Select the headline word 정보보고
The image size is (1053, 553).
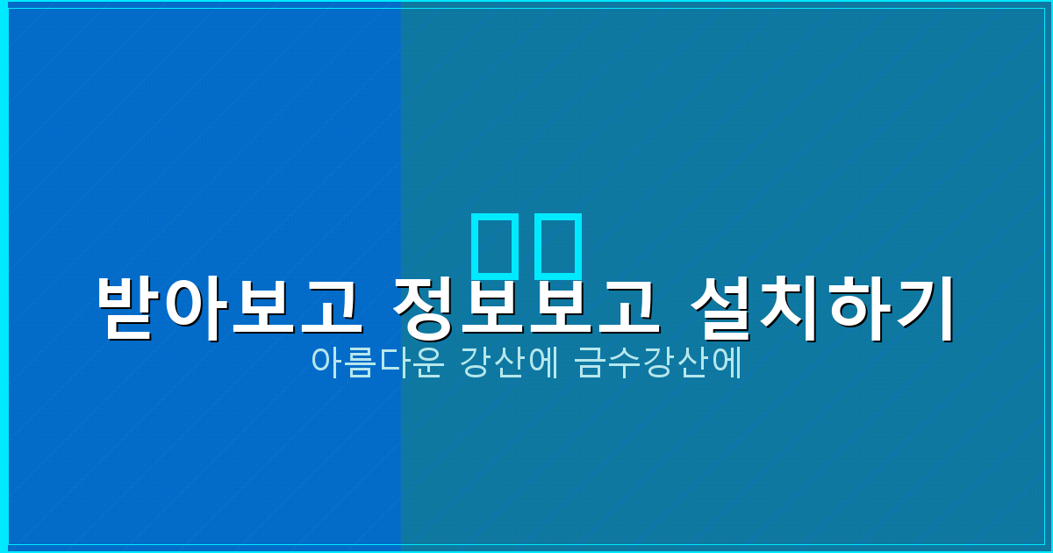[x=525, y=308]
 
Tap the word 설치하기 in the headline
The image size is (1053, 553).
[x=821, y=308]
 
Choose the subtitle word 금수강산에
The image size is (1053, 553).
[x=659, y=363]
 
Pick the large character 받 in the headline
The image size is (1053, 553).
[x=129, y=308]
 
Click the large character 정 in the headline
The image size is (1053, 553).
[x=424, y=308]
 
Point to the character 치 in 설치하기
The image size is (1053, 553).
[x=788, y=308]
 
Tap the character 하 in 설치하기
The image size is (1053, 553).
[x=856, y=308]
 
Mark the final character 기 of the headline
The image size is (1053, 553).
[x=923, y=308]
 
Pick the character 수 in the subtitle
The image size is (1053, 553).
[x=624, y=363]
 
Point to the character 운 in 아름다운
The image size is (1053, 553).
[x=424, y=363]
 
